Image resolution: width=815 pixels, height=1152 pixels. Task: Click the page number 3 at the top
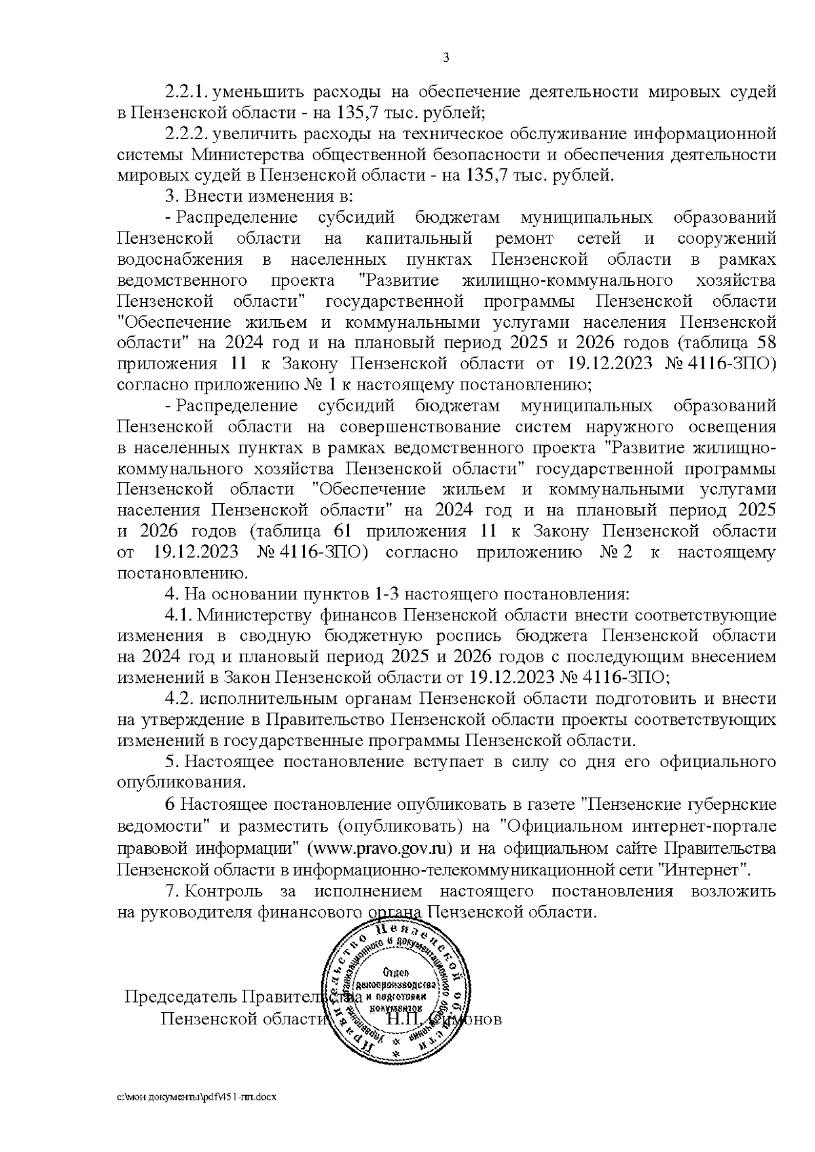tap(446, 58)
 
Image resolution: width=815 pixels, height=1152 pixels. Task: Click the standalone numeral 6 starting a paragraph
tap(170, 806)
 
